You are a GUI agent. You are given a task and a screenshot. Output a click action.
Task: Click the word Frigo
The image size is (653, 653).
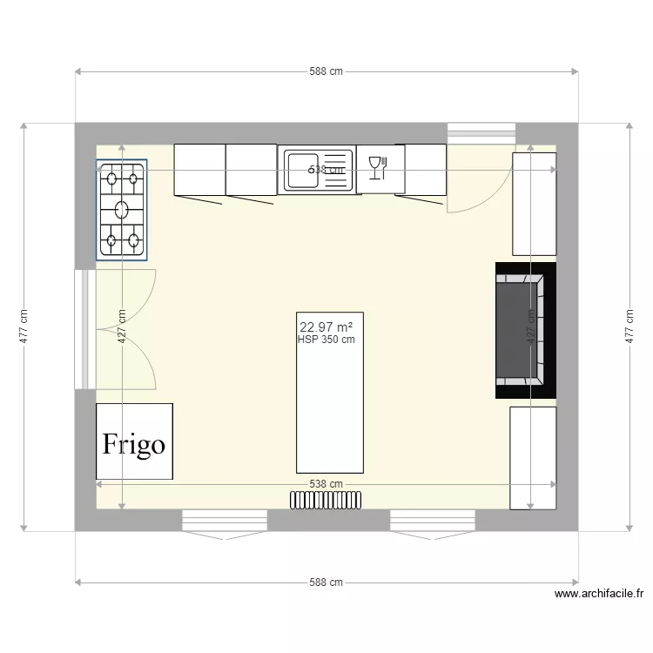click(x=134, y=444)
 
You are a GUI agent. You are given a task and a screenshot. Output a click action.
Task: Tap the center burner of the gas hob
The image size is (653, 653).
click(x=121, y=210)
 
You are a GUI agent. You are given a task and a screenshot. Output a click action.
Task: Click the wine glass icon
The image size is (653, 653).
click(x=376, y=165)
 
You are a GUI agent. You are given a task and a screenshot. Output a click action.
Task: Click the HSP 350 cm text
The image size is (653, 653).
click(x=326, y=340)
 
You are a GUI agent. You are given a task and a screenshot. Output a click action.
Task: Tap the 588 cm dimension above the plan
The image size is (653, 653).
click(x=326, y=72)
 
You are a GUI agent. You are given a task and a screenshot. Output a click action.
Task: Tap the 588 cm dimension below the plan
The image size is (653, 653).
click(x=326, y=582)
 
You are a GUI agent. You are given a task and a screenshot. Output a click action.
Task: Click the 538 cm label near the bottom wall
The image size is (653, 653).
click(x=326, y=484)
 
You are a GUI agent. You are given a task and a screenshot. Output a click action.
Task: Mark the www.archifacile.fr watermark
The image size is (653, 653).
click(x=598, y=595)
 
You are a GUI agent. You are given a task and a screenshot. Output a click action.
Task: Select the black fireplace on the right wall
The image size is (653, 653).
click(x=524, y=330)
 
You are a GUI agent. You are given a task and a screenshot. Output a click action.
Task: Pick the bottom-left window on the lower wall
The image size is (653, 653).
click(x=224, y=522)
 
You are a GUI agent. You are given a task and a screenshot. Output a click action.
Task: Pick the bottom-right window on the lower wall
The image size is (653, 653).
click(x=433, y=522)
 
